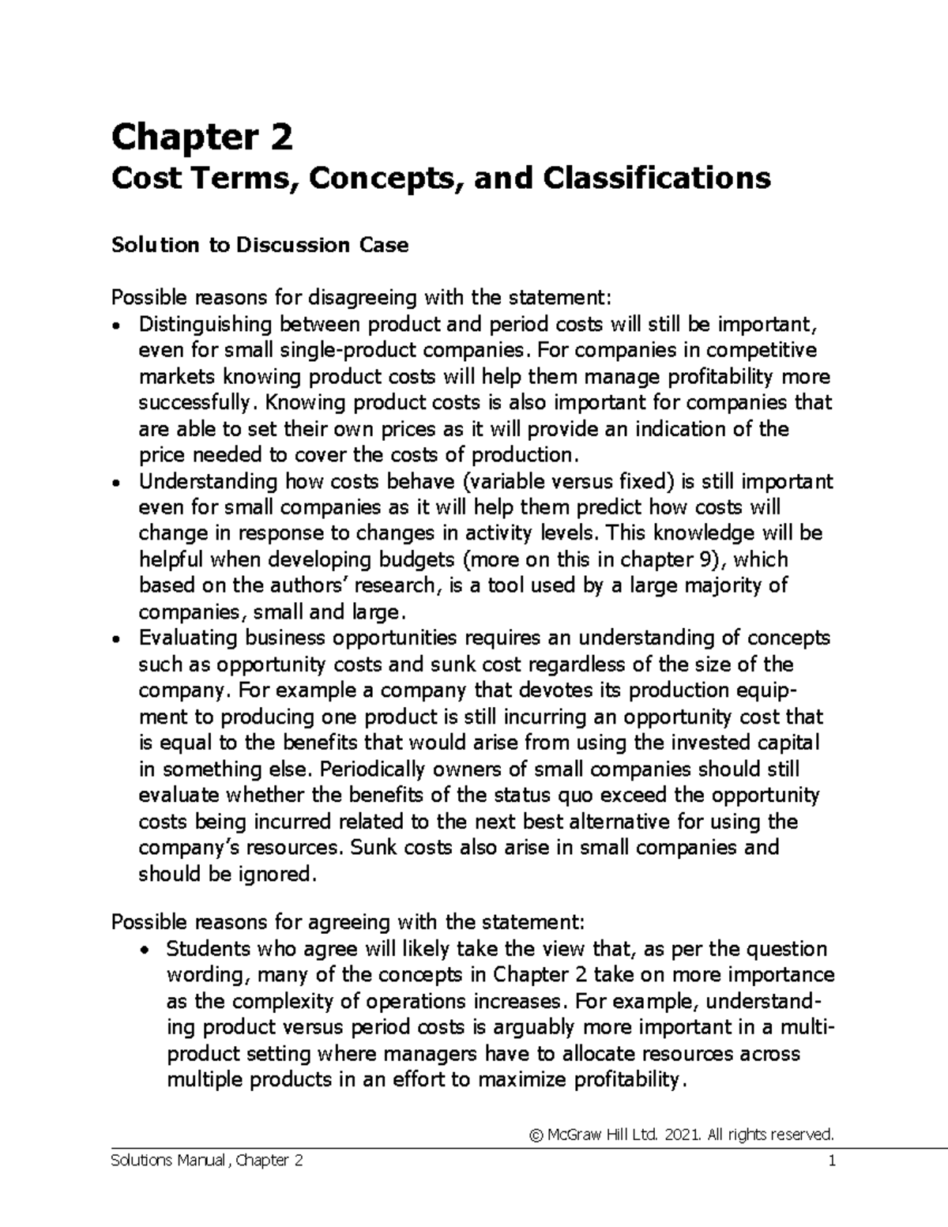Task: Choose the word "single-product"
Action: pos(315,350)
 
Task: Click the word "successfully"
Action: pos(197,403)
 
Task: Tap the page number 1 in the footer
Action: pos(831,1161)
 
